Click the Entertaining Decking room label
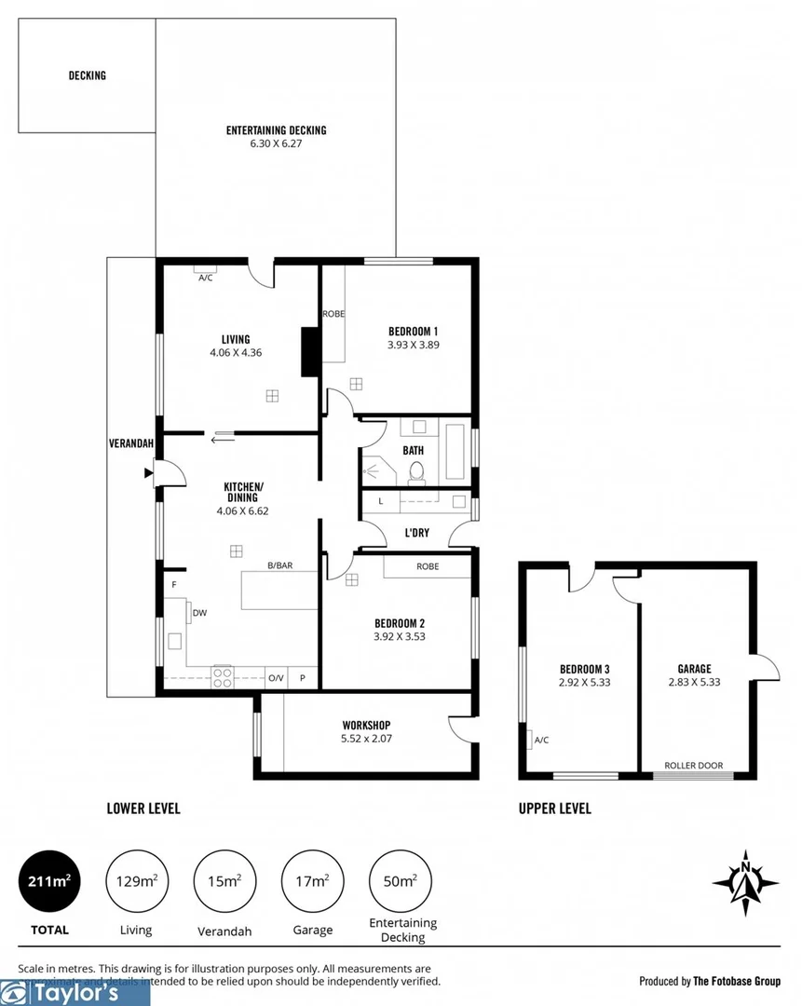coord(276,130)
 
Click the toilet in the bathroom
coord(417,472)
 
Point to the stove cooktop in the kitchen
coord(223,677)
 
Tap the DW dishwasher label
coord(199,612)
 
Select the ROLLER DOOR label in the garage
coord(693,766)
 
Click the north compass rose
coord(745,881)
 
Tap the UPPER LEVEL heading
coord(554,809)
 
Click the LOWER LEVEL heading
coord(143,809)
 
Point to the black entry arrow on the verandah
coord(147,473)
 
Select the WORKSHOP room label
coord(366,725)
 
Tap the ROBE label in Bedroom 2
coord(428,566)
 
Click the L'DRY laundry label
coord(415,533)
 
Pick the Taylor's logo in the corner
coord(75,993)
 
